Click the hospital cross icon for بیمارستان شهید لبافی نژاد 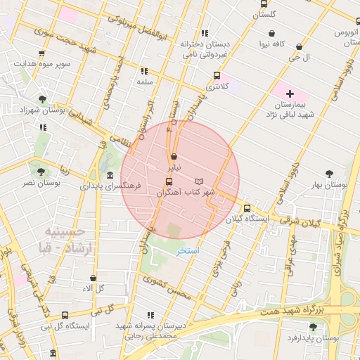[x=289, y=94]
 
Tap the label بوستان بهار [x=328, y=185]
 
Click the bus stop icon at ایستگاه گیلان [x=247, y=208]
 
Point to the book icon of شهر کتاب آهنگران [x=198, y=181]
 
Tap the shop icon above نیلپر [x=173, y=157]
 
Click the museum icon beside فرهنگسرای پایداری [x=109, y=176]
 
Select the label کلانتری [x=216, y=86]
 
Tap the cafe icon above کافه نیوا [x=272, y=33]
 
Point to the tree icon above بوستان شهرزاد [x=43, y=99]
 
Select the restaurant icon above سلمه [x=145, y=71]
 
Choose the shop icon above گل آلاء [x=94, y=278]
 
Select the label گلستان [x=266, y=14]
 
